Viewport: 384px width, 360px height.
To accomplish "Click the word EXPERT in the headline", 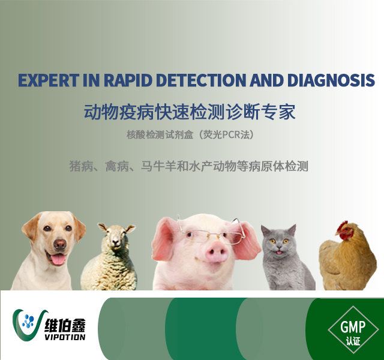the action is [49, 80].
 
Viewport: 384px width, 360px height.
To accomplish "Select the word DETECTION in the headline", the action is [201, 80].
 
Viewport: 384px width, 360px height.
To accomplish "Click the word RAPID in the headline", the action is [128, 80].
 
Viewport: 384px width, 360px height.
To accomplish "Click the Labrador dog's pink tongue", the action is [58, 259].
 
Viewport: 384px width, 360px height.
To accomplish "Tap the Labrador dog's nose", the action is [60, 244].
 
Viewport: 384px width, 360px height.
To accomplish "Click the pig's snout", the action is [217, 251].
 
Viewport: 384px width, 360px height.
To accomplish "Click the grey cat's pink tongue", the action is [278, 253].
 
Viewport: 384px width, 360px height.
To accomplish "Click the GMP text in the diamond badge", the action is [353, 326].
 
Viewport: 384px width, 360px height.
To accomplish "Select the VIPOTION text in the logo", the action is [65, 337].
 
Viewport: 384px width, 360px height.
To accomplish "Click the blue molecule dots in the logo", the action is [28, 322].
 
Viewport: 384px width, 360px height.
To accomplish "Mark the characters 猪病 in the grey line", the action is [82, 166].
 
